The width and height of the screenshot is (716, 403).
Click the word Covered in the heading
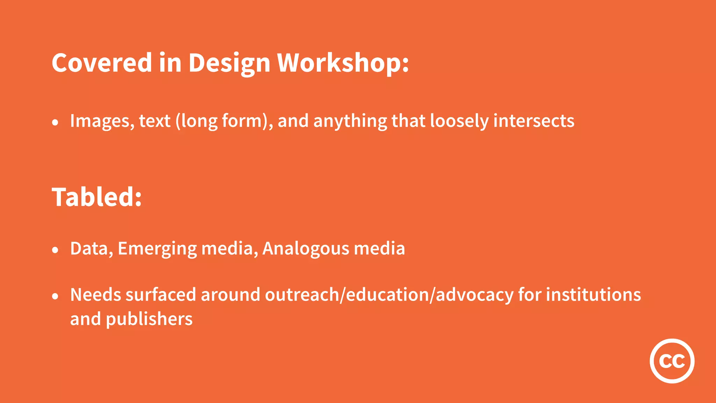click(101, 63)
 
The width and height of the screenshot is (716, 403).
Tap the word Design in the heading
click(229, 63)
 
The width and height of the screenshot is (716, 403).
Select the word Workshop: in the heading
click(343, 63)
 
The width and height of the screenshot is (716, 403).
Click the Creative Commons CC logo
click(672, 361)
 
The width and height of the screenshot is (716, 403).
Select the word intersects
click(534, 121)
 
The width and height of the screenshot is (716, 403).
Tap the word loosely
click(459, 121)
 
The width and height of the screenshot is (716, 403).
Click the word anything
click(350, 121)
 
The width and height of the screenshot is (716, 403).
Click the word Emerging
click(157, 249)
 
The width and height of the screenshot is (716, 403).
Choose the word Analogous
click(306, 249)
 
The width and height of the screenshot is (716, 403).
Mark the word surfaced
click(161, 295)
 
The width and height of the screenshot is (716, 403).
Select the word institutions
click(593, 295)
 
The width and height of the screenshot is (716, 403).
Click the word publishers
click(149, 319)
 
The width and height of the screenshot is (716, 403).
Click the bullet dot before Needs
click(55, 296)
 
